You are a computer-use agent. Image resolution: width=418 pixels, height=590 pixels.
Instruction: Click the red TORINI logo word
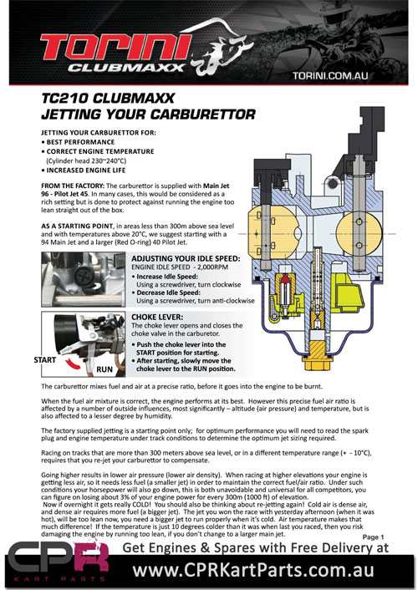pyautogui.click(x=115, y=47)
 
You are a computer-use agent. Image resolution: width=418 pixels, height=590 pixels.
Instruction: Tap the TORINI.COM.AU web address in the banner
pyautogui.click(x=330, y=76)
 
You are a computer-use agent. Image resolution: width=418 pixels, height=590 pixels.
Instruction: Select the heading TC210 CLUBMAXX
pyautogui.click(x=108, y=99)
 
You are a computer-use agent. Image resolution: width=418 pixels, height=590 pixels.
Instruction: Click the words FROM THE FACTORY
pyautogui.click(x=73, y=186)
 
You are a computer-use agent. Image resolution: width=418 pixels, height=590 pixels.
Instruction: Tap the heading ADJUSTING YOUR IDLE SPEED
pyautogui.click(x=186, y=258)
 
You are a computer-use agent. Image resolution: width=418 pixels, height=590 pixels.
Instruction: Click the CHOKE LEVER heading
pyautogui.click(x=157, y=317)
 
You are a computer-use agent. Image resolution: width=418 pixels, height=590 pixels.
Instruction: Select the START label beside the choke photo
pyautogui.click(x=45, y=360)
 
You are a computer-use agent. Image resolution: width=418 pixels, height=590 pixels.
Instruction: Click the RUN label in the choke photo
pyautogui.click(x=104, y=369)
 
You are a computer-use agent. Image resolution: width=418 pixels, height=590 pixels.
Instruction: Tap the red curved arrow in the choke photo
pyautogui.click(x=73, y=363)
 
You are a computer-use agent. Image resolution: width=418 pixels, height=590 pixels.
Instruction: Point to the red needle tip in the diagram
pyautogui.click(x=286, y=279)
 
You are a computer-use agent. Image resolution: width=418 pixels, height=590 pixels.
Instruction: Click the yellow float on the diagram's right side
pyautogui.click(x=349, y=293)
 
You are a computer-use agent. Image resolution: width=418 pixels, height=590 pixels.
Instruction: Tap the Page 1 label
pyautogui.click(x=373, y=537)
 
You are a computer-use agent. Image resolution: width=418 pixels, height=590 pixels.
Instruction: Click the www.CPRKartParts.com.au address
pyautogui.click(x=253, y=571)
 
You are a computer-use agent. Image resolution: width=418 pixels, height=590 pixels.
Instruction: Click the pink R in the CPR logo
pyautogui.click(x=91, y=557)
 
